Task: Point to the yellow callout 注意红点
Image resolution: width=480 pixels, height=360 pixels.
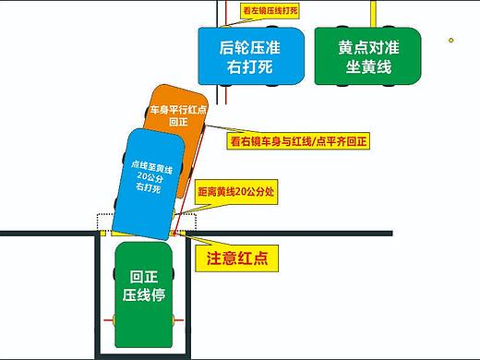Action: click(x=236, y=259)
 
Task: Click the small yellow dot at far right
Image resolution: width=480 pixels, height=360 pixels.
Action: click(x=451, y=40)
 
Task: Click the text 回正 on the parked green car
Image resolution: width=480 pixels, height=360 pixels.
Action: click(x=142, y=276)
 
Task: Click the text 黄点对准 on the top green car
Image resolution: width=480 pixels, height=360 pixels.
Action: click(x=366, y=47)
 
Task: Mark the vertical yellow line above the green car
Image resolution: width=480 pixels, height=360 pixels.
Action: click(x=371, y=13)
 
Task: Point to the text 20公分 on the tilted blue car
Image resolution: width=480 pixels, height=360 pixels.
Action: click(x=145, y=176)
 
